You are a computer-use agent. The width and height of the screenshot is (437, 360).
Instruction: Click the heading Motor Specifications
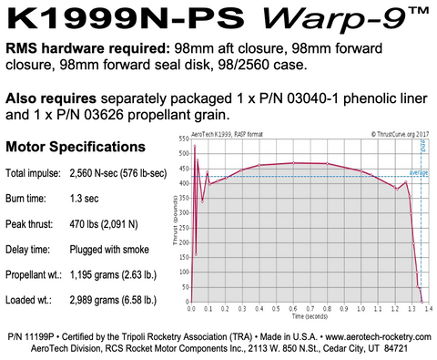point(74,146)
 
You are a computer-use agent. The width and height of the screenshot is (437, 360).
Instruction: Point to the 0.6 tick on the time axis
point(293,309)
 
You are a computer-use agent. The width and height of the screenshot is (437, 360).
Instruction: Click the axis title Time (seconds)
point(310,317)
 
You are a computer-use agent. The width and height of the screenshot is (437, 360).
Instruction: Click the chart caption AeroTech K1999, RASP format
point(232,132)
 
